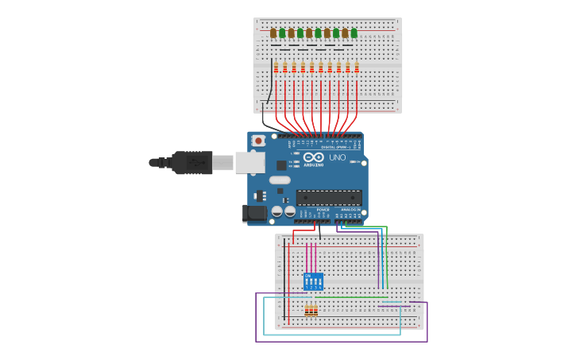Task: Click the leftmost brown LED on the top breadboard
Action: point(273,33)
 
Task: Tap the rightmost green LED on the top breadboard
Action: point(354,33)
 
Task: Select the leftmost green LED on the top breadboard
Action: point(282,33)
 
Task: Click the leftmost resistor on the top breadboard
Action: point(276,68)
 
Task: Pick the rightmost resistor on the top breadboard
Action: point(357,68)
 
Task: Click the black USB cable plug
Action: point(191,162)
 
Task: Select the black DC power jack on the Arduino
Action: point(254,212)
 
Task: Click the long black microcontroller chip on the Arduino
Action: point(329,197)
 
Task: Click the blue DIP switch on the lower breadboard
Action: point(313,281)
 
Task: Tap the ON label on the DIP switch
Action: point(307,275)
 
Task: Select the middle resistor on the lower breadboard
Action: point(311,310)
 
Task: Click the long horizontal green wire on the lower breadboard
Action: point(350,298)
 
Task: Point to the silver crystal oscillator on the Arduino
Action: point(280,180)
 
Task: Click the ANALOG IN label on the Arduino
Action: point(350,209)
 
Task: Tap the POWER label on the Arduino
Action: point(323,209)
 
